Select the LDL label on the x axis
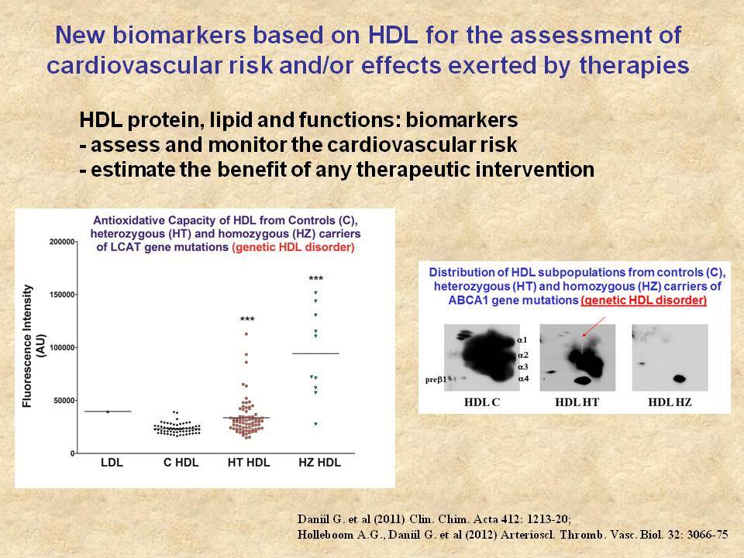click(x=112, y=462)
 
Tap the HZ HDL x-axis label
click(x=319, y=462)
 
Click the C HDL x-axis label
click(x=181, y=462)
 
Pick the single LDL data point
click(x=108, y=412)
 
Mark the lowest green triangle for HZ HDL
click(x=315, y=424)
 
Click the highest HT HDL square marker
click(x=246, y=334)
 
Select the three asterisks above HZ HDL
click(x=316, y=278)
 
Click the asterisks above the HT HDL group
click(x=247, y=319)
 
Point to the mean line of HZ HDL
click(x=315, y=353)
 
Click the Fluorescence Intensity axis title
click(x=33, y=346)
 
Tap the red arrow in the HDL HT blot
click(x=594, y=327)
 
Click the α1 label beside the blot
click(x=522, y=339)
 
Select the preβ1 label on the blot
click(x=436, y=380)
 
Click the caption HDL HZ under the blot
click(x=670, y=402)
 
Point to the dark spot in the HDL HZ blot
click(x=680, y=379)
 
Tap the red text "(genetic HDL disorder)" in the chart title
click(x=293, y=247)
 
